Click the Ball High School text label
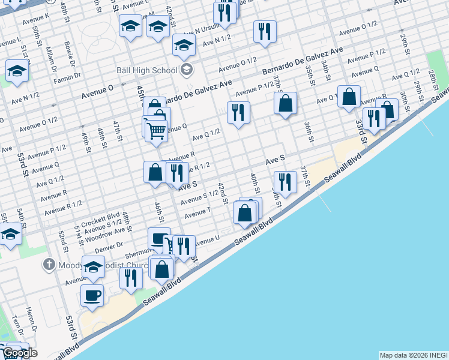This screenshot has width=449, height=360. (x=147, y=70)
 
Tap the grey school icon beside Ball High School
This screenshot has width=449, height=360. (x=186, y=70)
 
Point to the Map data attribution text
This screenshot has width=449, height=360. (x=414, y=355)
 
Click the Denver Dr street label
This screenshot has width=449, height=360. (x=108, y=245)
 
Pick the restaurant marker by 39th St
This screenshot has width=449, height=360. (x=285, y=182)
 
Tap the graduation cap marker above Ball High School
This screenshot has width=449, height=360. (x=184, y=44)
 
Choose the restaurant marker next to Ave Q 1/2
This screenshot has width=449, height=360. (x=239, y=112)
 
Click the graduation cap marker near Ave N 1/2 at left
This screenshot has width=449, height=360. (x=17, y=71)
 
